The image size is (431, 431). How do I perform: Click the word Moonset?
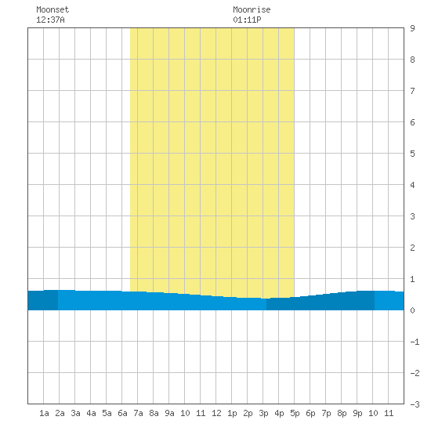(x=53, y=9)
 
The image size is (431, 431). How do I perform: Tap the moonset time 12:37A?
(x=50, y=20)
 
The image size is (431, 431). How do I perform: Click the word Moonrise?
(x=252, y=9)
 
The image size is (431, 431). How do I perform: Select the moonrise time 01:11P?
(x=247, y=20)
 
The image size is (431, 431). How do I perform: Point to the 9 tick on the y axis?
(x=412, y=28)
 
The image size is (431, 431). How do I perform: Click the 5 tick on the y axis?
(x=412, y=154)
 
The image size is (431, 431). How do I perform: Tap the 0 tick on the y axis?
(x=412, y=310)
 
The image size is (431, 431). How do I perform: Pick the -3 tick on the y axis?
(x=415, y=404)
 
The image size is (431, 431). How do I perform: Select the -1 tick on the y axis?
(x=415, y=342)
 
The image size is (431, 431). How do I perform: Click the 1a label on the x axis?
(x=44, y=413)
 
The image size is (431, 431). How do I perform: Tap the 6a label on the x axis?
(x=122, y=413)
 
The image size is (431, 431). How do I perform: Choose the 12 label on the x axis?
(x=216, y=413)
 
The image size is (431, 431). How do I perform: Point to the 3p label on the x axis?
(x=263, y=413)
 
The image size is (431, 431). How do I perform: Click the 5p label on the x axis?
(x=295, y=413)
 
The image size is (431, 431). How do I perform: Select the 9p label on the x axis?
(x=357, y=413)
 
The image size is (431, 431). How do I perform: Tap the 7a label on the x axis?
(x=138, y=413)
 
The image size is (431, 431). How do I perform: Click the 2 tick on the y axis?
(x=412, y=248)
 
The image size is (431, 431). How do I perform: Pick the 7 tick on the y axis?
(x=412, y=91)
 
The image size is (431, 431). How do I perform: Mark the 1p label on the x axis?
(x=232, y=413)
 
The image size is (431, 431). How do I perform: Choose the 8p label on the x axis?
(x=342, y=413)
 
